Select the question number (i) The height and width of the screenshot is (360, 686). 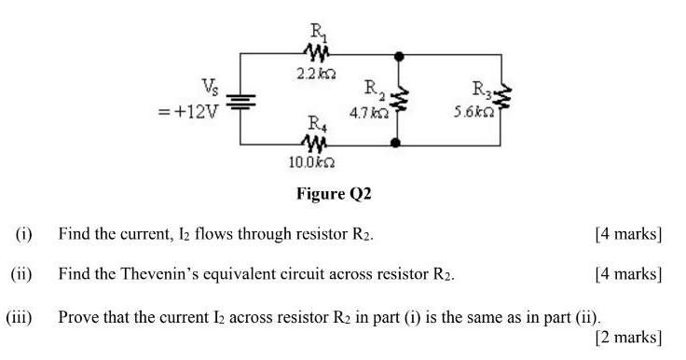pos(23,234)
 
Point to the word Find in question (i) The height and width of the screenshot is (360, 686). pos(74,234)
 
